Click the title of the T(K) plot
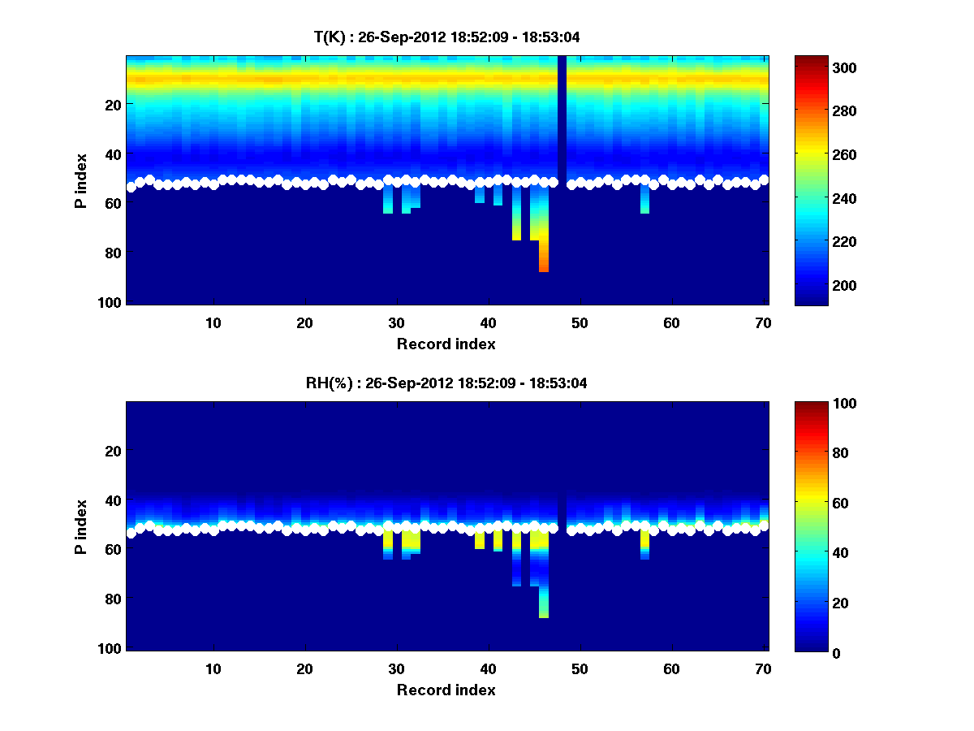[x=446, y=37]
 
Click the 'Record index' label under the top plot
[x=446, y=344]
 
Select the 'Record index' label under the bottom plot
[x=446, y=690]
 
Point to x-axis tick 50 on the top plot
[x=580, y=322]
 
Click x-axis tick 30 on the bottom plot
[x=396, y=668]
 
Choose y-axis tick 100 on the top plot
[x=111, y=302]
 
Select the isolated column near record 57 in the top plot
[x=644, y=200]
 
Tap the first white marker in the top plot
[x=131, y=187]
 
